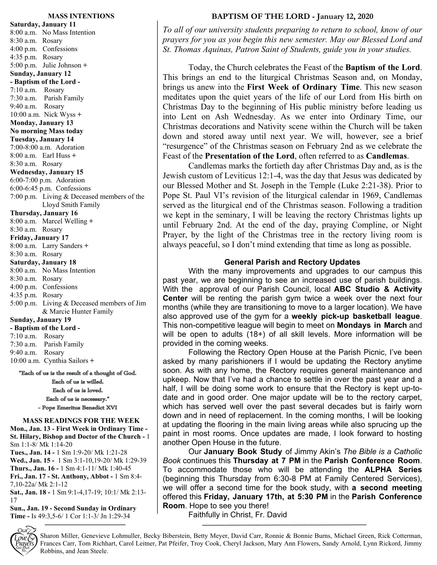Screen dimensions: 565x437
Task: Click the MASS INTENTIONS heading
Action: pyautogui.click(x=81, y=16)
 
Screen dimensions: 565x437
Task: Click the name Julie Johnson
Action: pyautogui.click(x=62, y=65)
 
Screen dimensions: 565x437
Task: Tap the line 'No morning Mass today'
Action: pyautogui.click(x=47, y=131)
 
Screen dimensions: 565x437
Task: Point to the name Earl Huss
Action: pyautogui.click(x=56, y=156)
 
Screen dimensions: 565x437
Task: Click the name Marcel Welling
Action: pyautogui.click(x=65, y=221)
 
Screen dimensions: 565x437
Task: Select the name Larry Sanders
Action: pyautogui.click(x=63, y=246)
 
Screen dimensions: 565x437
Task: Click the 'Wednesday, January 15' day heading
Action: pyautogui.click(x=47, y=172)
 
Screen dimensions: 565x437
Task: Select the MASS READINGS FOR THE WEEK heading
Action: pyautogui.click(x=81, y=421)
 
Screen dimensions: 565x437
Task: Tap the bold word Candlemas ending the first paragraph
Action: pyautogui.click(x=387, y=156)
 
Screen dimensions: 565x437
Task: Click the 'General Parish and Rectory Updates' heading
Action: pyautogui.click(x=292, y=262)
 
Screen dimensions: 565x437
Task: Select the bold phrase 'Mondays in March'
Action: pyautogui.click(x=372, y=325)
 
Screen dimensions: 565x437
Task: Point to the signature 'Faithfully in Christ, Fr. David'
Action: pyautogui.click(x=237, y=515)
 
